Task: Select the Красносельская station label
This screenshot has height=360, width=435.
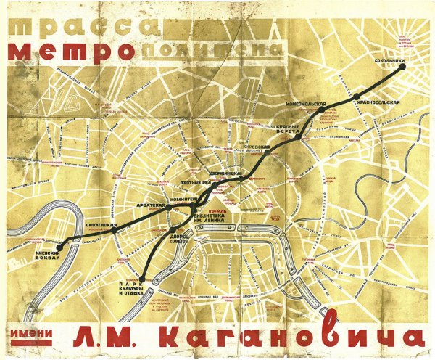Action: click(378, 104)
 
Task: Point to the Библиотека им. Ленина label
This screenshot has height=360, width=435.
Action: click(225, 219)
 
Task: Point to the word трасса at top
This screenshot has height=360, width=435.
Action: click(80, 24)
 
